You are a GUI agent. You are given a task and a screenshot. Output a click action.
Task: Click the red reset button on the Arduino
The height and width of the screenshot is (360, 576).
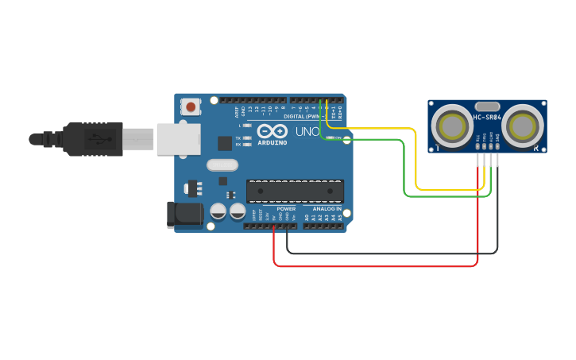(191, 106)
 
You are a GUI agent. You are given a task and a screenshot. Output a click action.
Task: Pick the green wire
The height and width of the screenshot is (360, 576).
(405, 171)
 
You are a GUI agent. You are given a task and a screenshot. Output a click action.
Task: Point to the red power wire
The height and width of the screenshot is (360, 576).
(373, 265)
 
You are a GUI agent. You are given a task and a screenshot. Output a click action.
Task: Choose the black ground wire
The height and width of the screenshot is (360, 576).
(389, 254)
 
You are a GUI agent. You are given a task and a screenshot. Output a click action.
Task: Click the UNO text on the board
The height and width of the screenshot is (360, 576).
(307, 131)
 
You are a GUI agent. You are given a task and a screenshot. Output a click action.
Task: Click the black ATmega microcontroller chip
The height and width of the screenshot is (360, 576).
(295, 191)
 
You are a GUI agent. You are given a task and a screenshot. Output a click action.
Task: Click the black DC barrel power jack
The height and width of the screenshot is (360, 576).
(183, 215)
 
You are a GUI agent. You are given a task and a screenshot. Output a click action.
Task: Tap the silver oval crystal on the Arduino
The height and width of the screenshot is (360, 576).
(222, 165)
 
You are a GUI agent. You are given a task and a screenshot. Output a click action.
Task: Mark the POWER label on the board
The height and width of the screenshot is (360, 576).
(286, 209)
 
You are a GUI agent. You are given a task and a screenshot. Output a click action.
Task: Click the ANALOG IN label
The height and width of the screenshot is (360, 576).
(327, 209)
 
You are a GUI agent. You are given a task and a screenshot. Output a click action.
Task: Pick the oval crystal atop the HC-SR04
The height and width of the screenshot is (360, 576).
(487, 106)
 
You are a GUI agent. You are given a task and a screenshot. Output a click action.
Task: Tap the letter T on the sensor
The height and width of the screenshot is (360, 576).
(435, 149)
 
